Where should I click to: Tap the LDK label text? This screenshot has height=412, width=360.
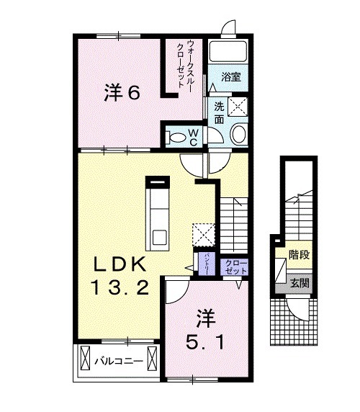click(x=120, y=263)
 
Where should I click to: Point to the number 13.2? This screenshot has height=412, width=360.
click(x=120, y=289)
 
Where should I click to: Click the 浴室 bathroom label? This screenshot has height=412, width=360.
click(x=230, y=74)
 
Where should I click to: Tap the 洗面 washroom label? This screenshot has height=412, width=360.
click(x=218, y=112)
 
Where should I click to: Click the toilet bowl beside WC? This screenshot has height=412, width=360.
click(x=176, y=135)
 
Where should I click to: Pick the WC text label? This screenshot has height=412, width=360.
click(x=194, y=135)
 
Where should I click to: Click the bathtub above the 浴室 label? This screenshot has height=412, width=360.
click(x=230, y=51)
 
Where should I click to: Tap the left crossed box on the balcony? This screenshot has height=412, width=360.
click(x=85, y=357)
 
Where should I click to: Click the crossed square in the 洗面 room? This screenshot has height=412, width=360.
click(x=240, y=107)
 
